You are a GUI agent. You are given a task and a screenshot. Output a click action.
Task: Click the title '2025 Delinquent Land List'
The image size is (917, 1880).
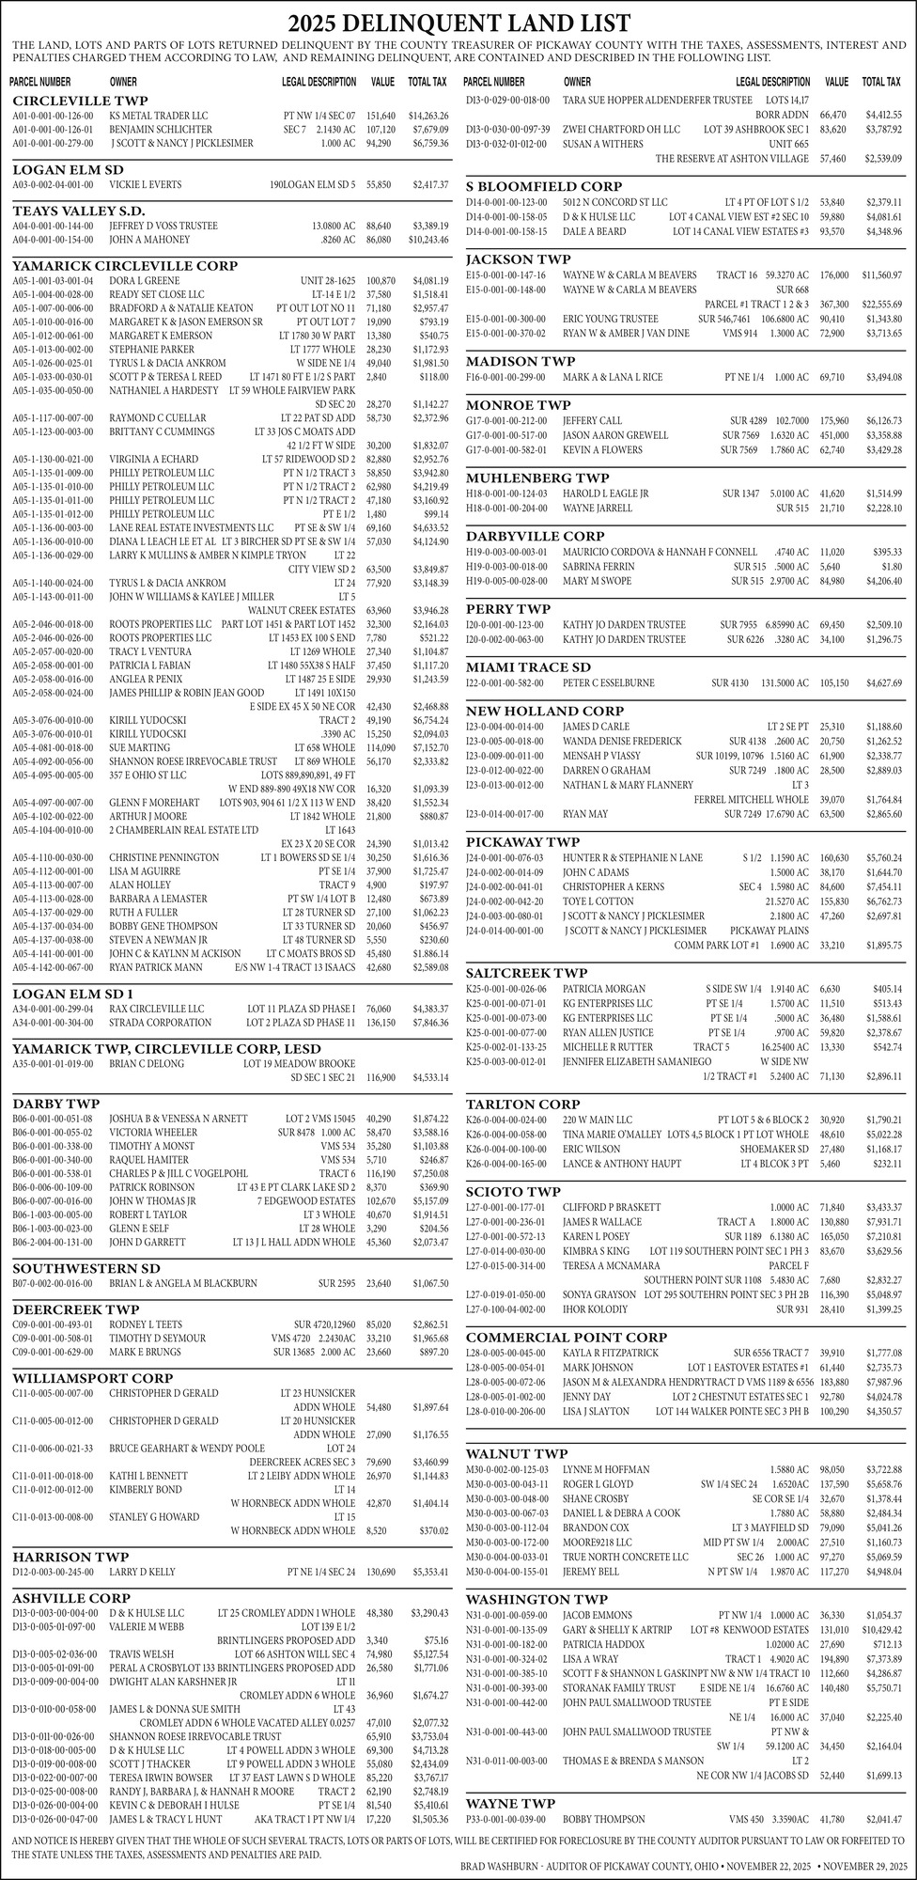458,23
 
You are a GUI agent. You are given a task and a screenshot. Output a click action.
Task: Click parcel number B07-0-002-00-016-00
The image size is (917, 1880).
53,1283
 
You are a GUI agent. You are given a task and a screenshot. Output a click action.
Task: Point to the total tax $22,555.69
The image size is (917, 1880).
882,305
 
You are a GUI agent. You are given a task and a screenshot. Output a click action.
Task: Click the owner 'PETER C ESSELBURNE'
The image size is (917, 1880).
609,682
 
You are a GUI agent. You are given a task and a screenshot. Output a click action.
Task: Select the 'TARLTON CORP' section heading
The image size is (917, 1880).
522,1104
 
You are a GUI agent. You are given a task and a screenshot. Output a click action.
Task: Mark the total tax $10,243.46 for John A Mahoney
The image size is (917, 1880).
427,241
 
